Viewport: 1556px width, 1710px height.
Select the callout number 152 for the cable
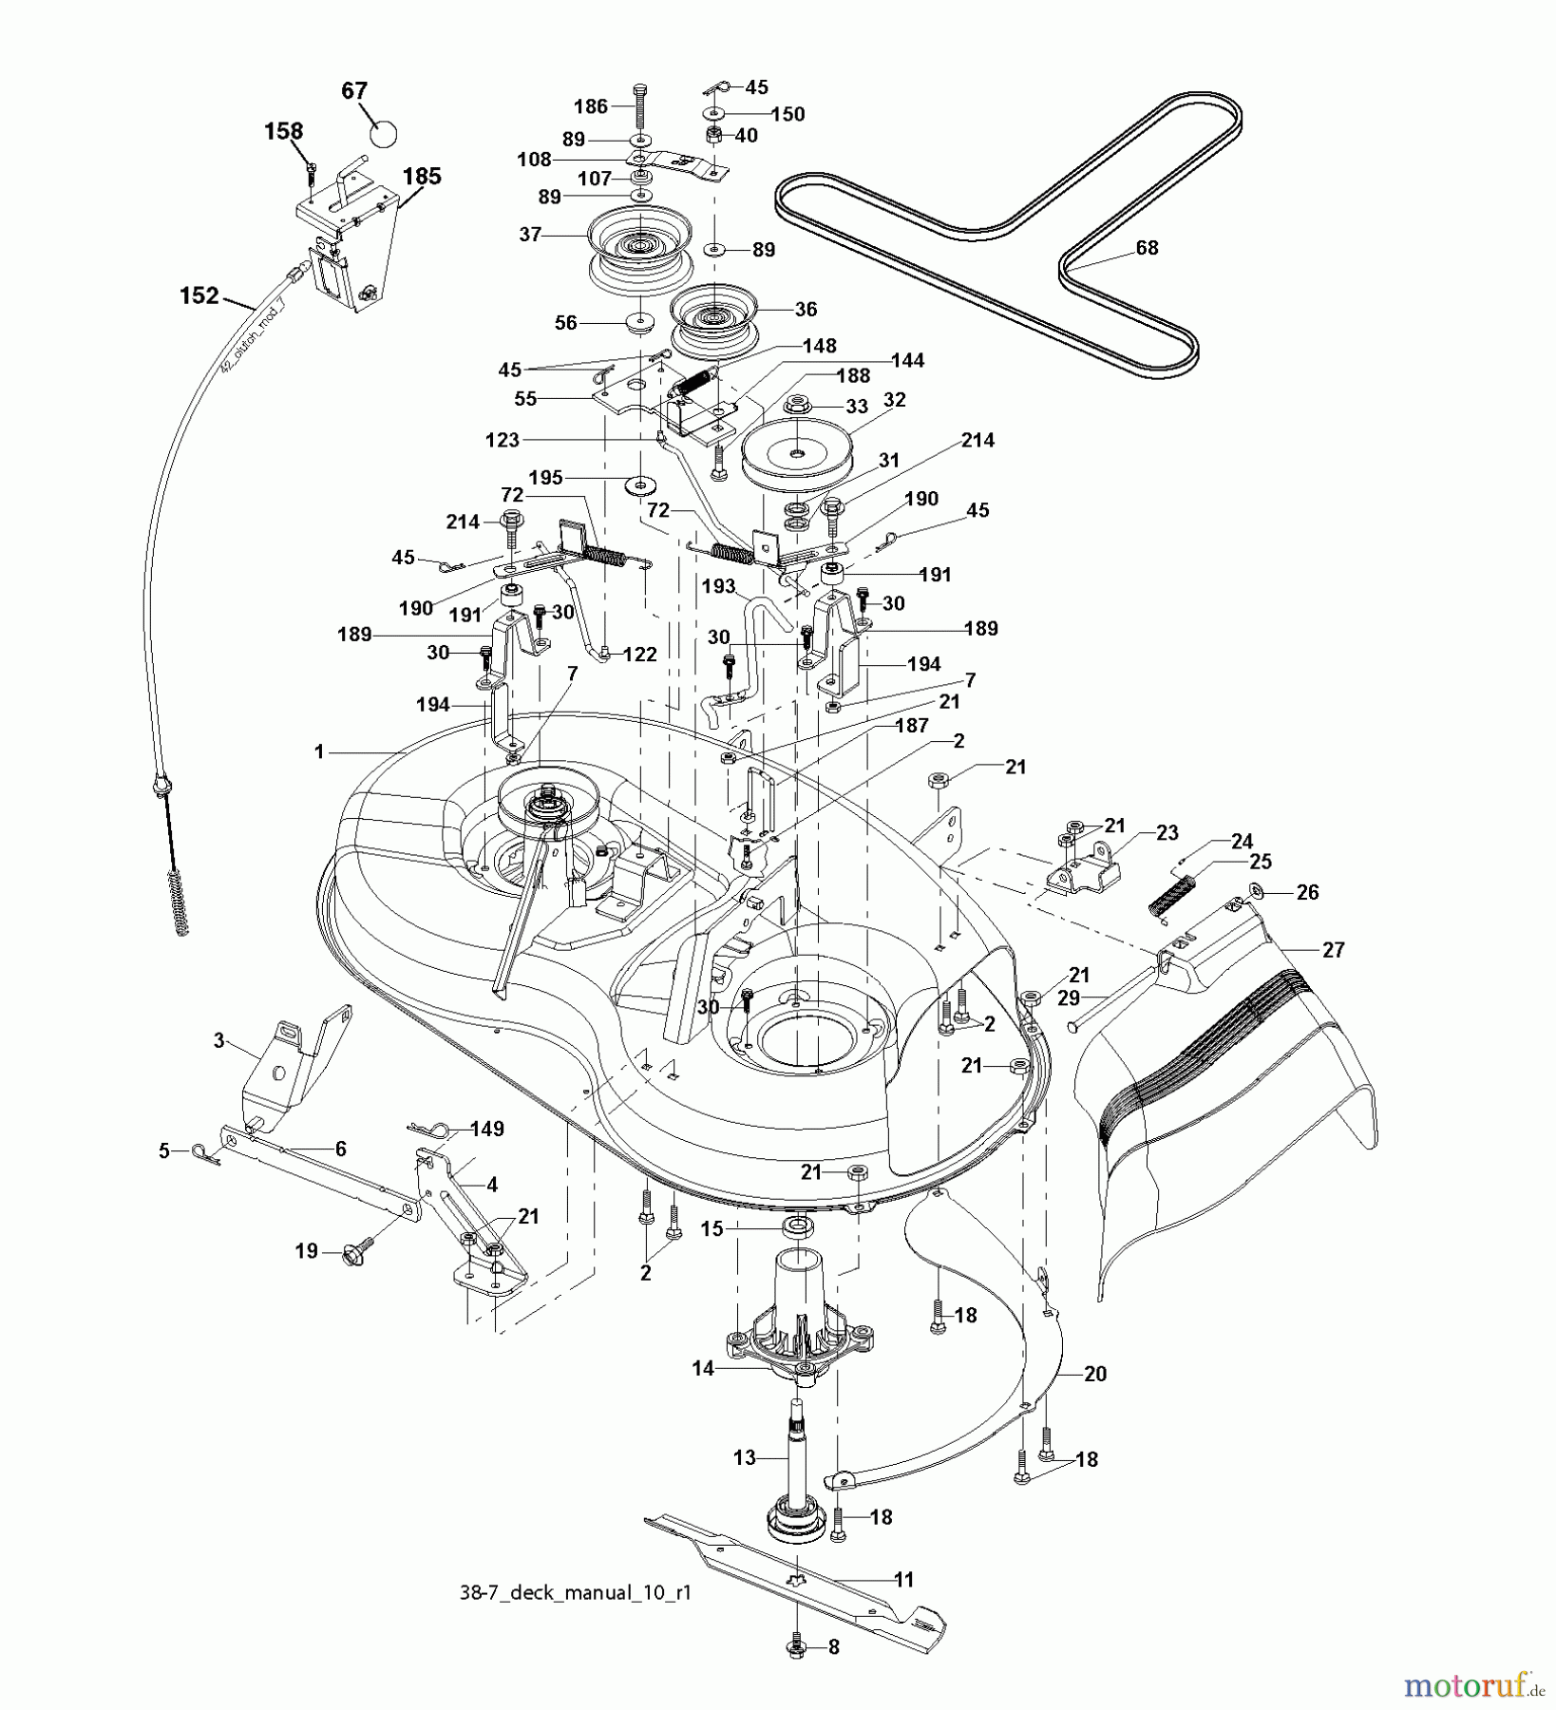point(199,296)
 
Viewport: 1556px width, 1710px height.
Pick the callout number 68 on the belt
point(1148,248)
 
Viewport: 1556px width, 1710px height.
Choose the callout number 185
point(422,176)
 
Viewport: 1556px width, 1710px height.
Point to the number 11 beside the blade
point(903,1580)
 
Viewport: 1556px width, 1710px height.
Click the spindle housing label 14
point(703,1369)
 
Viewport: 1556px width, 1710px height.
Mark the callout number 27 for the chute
point(1334,949)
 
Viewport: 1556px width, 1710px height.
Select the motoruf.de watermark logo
point(1472,1686)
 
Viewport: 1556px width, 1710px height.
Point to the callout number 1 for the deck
point(319,751)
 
